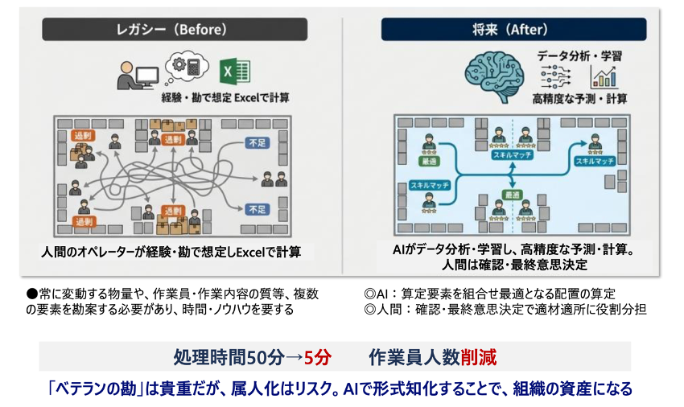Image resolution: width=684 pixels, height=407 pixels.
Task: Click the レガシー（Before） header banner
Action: [x=175, y=30]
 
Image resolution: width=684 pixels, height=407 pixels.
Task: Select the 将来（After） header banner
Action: [x=513, y=30]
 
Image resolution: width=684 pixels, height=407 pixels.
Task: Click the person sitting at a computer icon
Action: [x=134, y=75]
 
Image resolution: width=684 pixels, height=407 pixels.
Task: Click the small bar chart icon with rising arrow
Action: [x=604, y=76]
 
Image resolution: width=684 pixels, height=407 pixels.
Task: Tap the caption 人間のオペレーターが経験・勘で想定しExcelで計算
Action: [x=171, y=252]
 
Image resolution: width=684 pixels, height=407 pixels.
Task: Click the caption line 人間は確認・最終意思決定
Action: [x=513, y=265]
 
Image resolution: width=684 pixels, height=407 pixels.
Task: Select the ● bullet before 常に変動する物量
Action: [x=32, y=294]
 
